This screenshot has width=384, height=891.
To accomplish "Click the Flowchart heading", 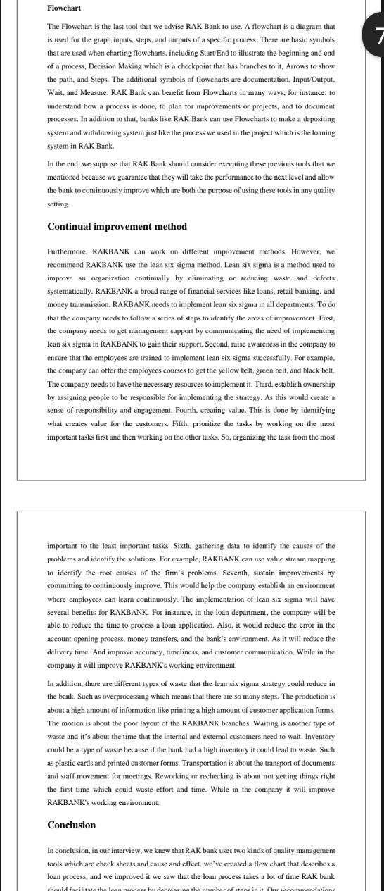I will (x=64, y=8).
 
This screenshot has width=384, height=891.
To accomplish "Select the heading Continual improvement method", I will (x=117, y=227).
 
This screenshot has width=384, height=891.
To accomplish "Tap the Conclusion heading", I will (x=72, y=825).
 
